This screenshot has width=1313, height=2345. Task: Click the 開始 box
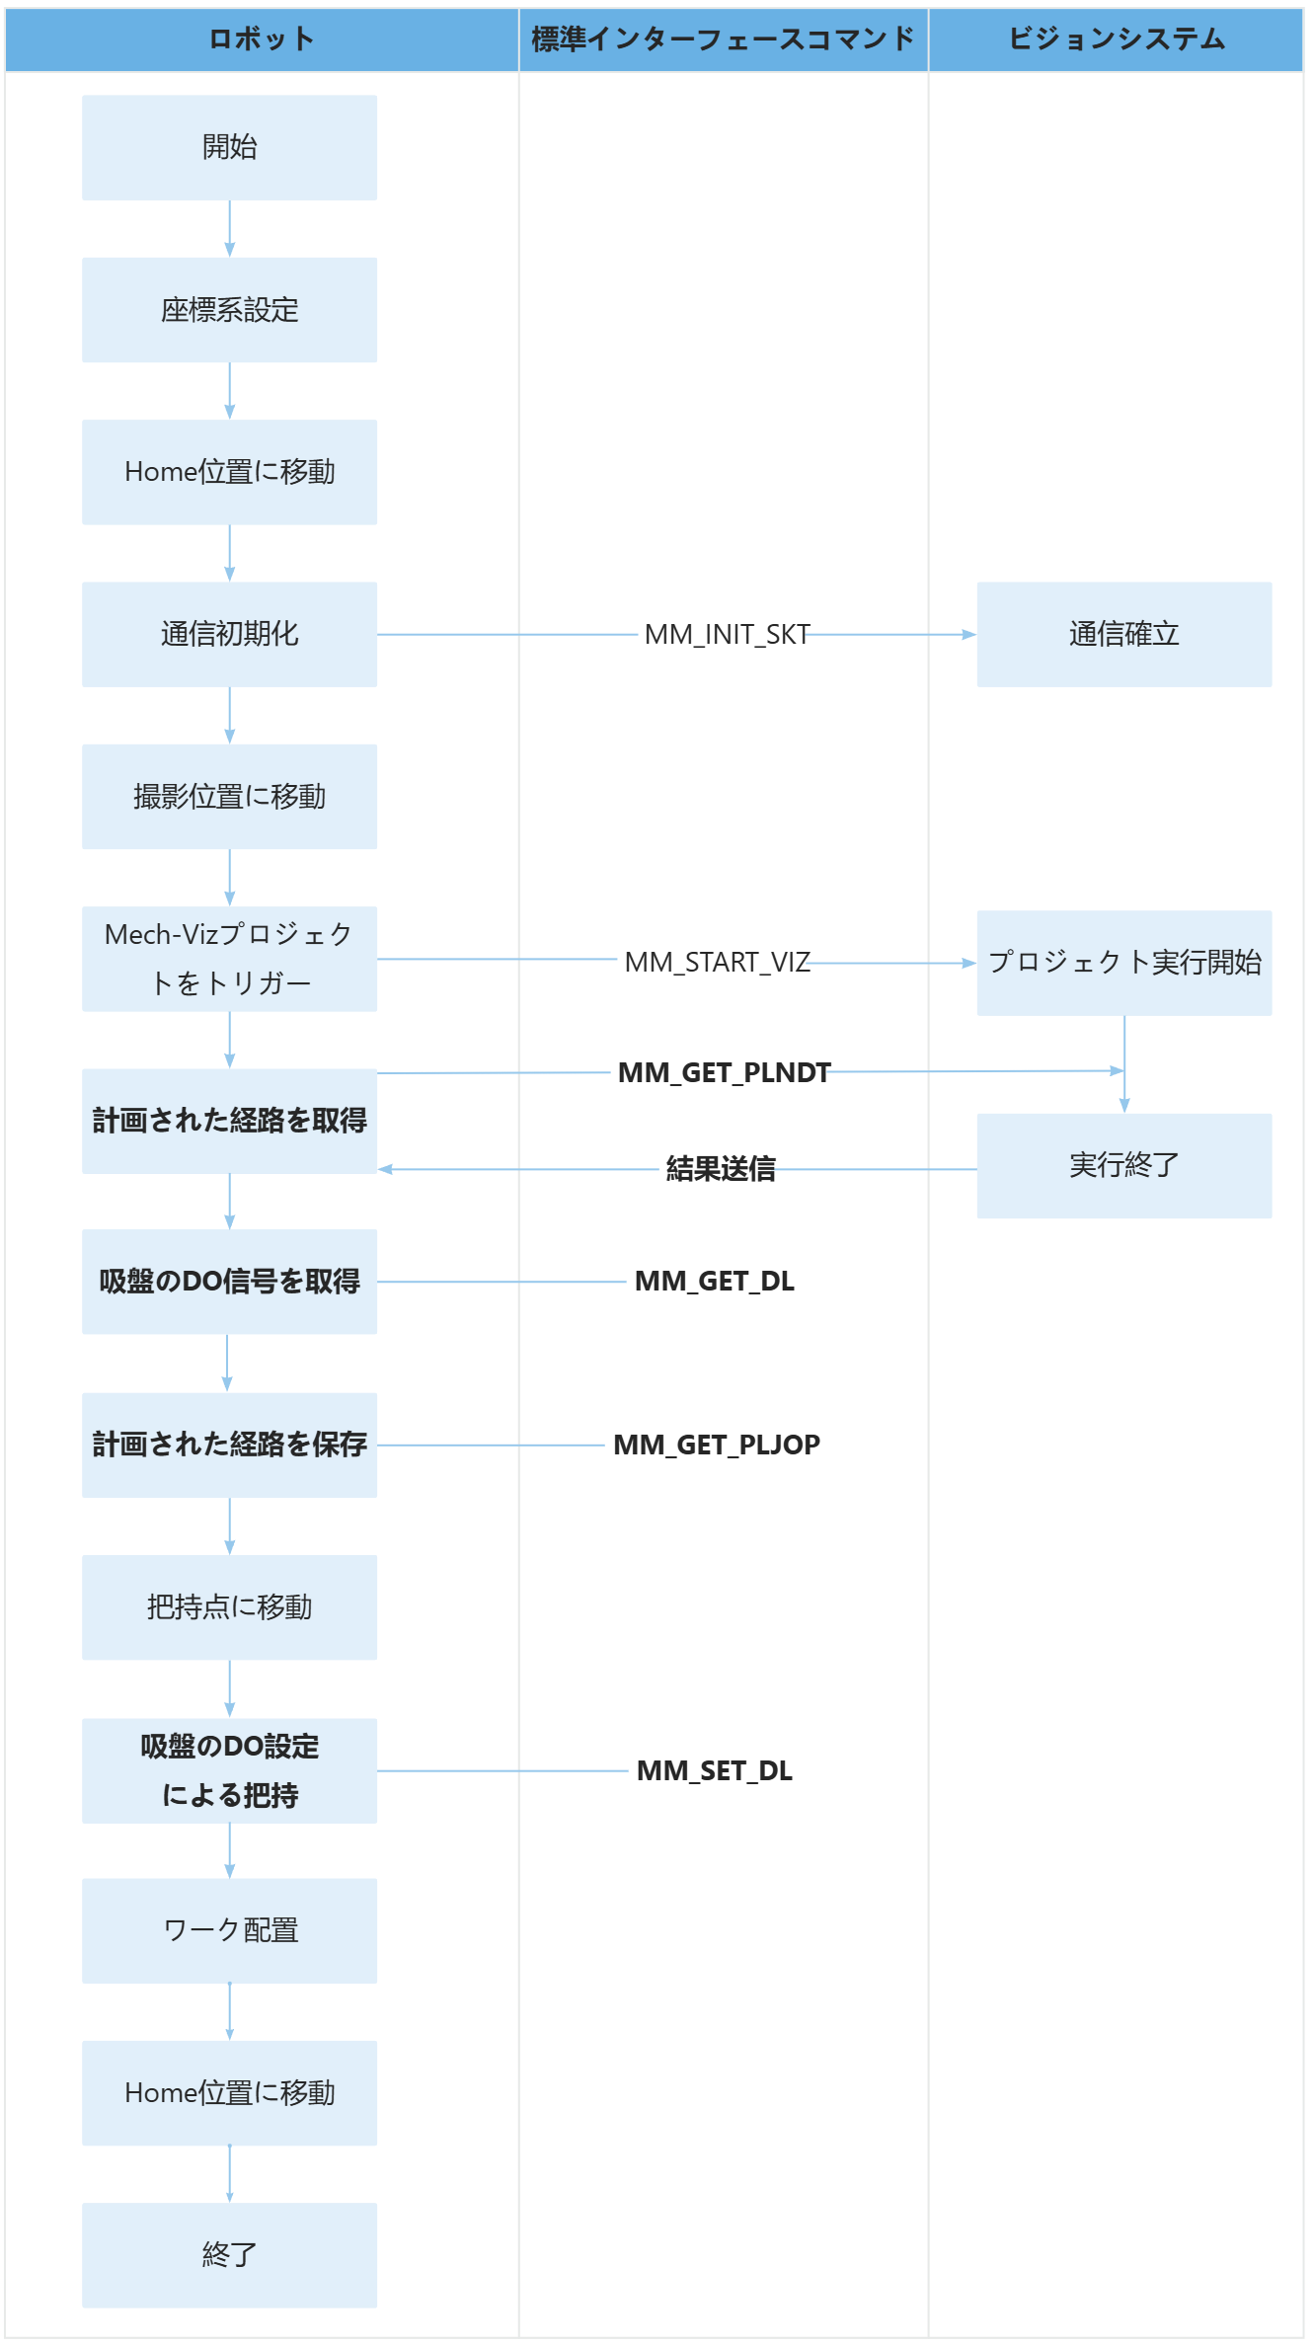[x=229, y=148]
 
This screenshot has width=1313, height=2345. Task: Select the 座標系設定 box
[x=229, y=310]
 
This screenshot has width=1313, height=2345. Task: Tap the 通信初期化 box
[x=229, y=634]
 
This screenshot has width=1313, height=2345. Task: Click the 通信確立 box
[x=1123, y=634]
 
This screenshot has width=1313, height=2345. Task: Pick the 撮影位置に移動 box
[x=229, y=797]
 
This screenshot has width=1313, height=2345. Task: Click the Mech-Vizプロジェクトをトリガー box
[x=229, y=959]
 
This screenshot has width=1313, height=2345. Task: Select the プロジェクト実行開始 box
[x=1123, y=963]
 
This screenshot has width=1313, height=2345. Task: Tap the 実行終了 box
[x=1123, y=1166]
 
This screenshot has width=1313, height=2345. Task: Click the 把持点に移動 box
[x=229, y=1607]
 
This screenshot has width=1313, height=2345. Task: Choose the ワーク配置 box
[x=229, y=1930]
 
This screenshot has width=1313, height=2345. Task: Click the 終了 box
[x=229, y=2255]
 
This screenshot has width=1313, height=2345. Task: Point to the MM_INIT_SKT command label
[x=727, y=635]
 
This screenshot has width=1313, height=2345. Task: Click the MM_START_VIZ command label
[x=717, y=962]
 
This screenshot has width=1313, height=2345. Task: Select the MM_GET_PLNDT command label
[x=724, y=1072]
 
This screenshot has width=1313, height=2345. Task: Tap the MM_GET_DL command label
[x=714, y=1282]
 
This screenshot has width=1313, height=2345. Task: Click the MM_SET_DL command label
[x=714, y=1770]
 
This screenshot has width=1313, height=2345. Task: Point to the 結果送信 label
[x=721, y=1169]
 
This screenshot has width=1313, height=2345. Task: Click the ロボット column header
[x=262, y=39]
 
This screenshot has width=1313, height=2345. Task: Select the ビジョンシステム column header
[x=1116, y=39]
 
